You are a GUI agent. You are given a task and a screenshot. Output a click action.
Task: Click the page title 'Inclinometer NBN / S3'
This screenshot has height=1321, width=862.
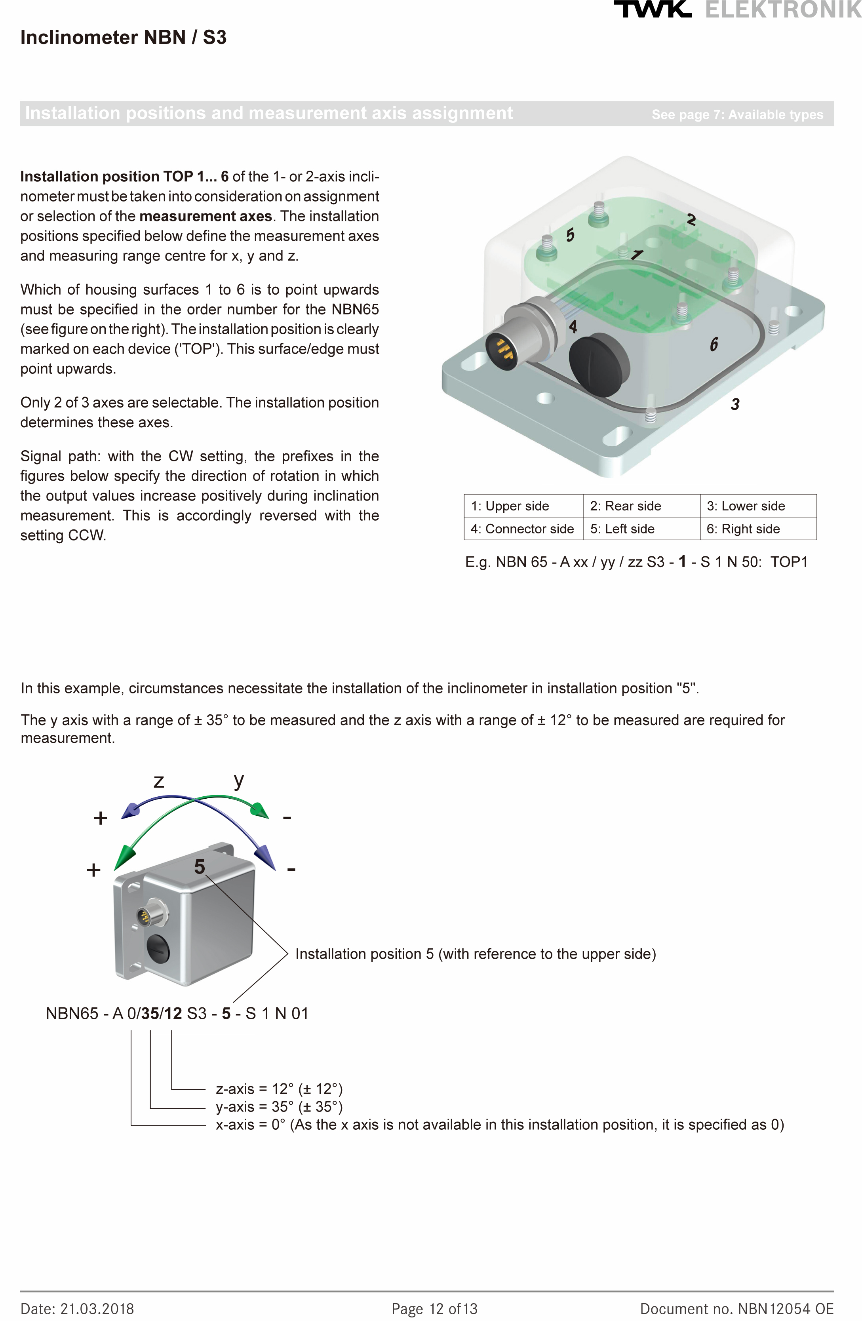coord(123,37)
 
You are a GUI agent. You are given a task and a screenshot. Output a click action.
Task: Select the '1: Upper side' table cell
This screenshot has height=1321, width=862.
coord(522,506)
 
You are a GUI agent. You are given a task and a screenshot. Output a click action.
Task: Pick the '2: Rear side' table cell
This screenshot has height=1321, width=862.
coord(641,506)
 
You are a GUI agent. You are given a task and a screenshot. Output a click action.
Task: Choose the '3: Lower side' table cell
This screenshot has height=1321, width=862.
coord(757,506)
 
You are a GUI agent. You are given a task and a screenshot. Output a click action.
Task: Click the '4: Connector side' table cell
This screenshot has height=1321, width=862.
coord(522,528)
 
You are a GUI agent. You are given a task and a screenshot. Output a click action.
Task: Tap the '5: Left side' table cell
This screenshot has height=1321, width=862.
coord(641,528)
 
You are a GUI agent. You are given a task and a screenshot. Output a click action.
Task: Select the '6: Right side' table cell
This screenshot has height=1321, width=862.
coord(757,528)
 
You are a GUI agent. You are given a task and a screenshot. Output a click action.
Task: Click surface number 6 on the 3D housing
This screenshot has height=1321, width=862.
coord(714,344)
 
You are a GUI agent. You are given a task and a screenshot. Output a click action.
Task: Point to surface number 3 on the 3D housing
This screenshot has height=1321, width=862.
coord(735,404)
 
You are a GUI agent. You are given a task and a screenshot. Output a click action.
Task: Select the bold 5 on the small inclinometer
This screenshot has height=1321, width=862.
coord(199,866)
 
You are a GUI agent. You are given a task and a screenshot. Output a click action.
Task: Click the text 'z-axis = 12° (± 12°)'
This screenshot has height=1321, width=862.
coord(279,1089)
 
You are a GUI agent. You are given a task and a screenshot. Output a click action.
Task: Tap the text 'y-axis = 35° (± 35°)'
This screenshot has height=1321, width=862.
coord(279,1106)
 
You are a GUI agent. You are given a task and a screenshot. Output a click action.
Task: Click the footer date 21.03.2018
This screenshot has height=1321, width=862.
coord(77,1309)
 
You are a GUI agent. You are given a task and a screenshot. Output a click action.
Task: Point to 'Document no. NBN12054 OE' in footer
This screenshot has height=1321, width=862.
coord(736,1309)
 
